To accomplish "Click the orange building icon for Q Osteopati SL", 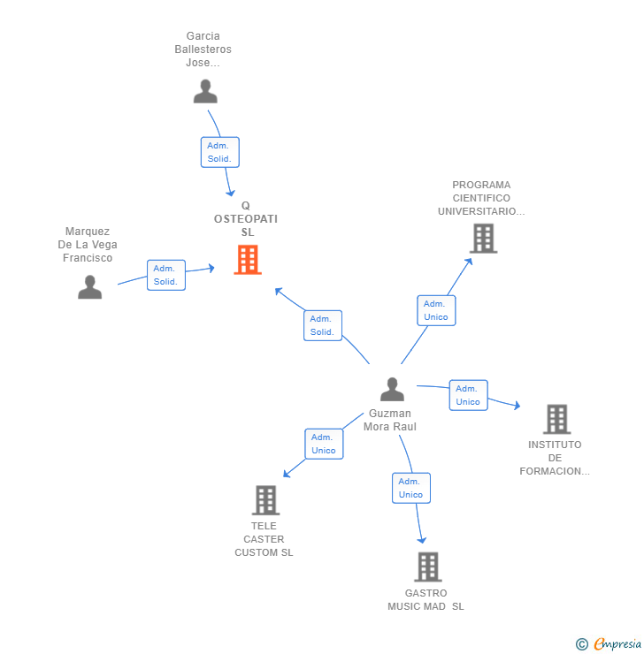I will pyautogui.click(x=248, y=260).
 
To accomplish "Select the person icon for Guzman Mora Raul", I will pyautogui.click(x=392, y=389).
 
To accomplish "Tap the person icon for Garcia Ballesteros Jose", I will pyautogui.click(x=205, y=91).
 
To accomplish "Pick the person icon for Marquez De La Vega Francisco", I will pyautogui.click(x=89, y=286).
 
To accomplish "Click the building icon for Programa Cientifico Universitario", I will pyautogui.click(x=483, y=239).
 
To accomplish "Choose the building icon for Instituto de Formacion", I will pyautogui.click(x=556, y=419).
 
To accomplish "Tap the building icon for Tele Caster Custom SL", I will pyautogui.click(x=265, y=500).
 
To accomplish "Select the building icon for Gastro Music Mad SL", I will pyautogui.click(x=427, y=567).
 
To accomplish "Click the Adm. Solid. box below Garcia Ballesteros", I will pyautogui.click(x=219, y=152).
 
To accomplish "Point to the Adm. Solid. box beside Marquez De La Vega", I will pyautogui.click(x=165, y=275).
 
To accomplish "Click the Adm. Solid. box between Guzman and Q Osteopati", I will pyautogui.click(x=322, y=325).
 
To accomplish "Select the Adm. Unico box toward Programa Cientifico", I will pyautogui.click(x=436, y=310).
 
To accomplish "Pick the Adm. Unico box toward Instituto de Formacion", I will pyautogui.click(x=468, y=395).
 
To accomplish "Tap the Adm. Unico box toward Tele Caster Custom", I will pyautogui.click(x=324, y=444).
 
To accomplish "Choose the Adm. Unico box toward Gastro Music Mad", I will pyautogui.click(x=411, y=488).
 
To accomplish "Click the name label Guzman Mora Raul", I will pyautogui.click(x=390, y=420).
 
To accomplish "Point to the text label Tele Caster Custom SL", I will pyautogui.click(x=264, y=539).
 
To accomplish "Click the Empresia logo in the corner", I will pyautogui.click(x=617, y=644).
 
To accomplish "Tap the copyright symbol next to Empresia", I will pyautogui.click(x=582, y=644).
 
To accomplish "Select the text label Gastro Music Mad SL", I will pyautogui.click(x=425, y=599).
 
